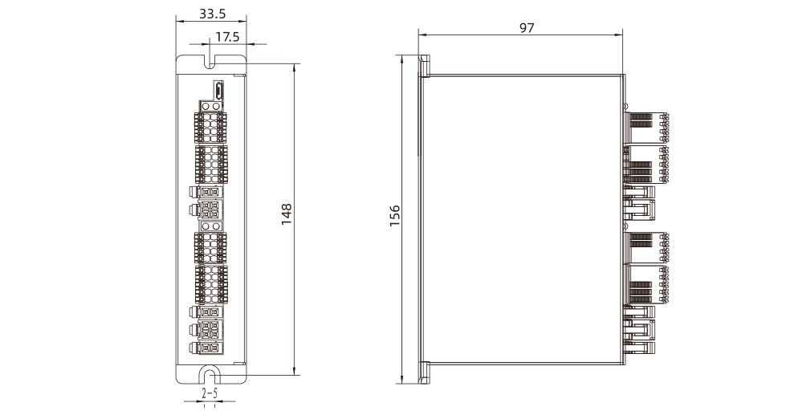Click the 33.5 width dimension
213,14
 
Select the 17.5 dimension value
227,37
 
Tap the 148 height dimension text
286,214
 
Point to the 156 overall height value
394,216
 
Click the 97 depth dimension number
527,28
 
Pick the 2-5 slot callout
209,393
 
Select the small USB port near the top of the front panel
218,91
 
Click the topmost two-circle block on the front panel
210,106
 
